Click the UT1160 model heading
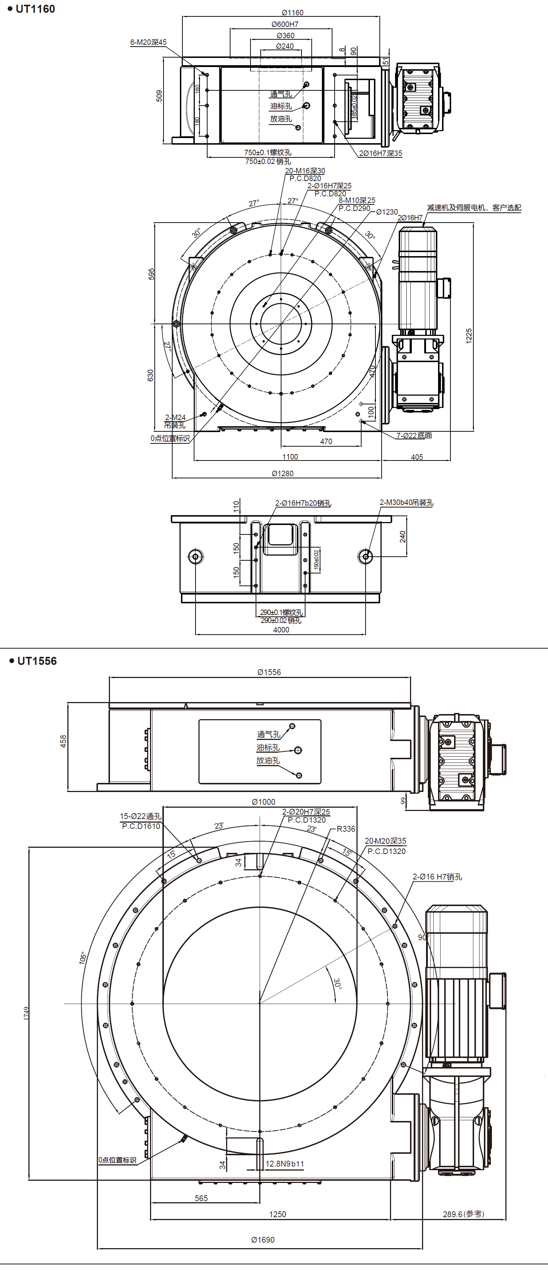[x=35, y=9]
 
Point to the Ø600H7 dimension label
[x=285, y=24]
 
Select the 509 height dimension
[x=159, y=96]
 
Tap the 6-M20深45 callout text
[x=148, y=42]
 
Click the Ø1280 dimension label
[x=283, y=473]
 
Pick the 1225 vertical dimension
[x=469, y=335]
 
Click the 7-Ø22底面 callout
[x=414, y=435]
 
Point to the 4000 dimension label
[x=281, y=630]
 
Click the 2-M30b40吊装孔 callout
[x=407, y=502]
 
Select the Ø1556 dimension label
[x=269, y=672]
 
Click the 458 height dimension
[x=63, y=741]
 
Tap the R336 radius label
[x=346, y=829]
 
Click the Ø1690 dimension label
[x=263, y=1239]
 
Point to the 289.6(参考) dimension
[x=463, y=1214]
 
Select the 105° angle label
[x=83, y=957]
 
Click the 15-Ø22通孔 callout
[x=141, y=816]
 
